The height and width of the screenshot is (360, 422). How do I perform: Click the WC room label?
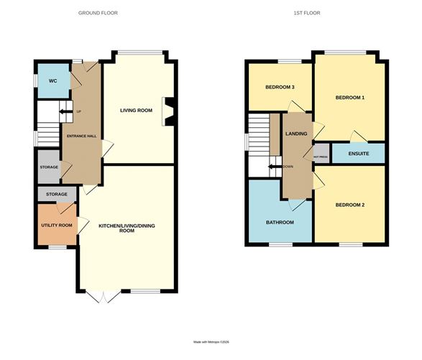pos(52,81)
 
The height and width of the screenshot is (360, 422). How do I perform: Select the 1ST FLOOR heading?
pos(307,13)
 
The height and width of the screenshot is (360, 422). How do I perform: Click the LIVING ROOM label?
pos(138,110)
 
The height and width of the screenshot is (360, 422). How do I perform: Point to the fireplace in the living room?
pos(168,111)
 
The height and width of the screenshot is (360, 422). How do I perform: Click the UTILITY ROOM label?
pos(55,225)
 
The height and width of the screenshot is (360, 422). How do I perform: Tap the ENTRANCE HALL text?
pos(82,137)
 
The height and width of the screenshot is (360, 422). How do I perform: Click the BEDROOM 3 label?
pos(280,88)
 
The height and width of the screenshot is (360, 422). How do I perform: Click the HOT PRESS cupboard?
pos(321,154)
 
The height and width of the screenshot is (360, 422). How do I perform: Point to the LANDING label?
pos(296,134)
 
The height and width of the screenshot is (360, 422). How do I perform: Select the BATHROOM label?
pos(280,222)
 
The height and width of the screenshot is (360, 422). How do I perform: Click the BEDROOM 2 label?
pos(350,206)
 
